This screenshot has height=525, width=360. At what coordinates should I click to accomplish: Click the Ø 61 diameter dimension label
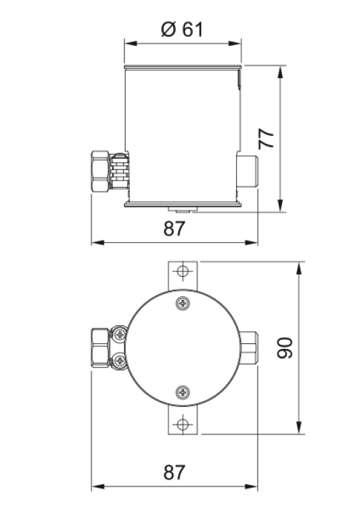182,30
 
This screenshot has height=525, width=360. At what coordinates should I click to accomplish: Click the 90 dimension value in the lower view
284,347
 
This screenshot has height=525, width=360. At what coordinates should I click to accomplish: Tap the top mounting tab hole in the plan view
184,271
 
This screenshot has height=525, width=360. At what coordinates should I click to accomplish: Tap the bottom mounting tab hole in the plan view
183,425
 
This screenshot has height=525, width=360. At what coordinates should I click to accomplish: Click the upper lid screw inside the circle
183,303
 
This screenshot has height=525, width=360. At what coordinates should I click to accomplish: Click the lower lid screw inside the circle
183,392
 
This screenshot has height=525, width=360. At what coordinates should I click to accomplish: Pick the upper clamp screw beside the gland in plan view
119,335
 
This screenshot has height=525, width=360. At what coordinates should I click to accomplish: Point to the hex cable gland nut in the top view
100,347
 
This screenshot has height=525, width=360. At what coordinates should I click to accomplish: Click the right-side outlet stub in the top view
250,347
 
